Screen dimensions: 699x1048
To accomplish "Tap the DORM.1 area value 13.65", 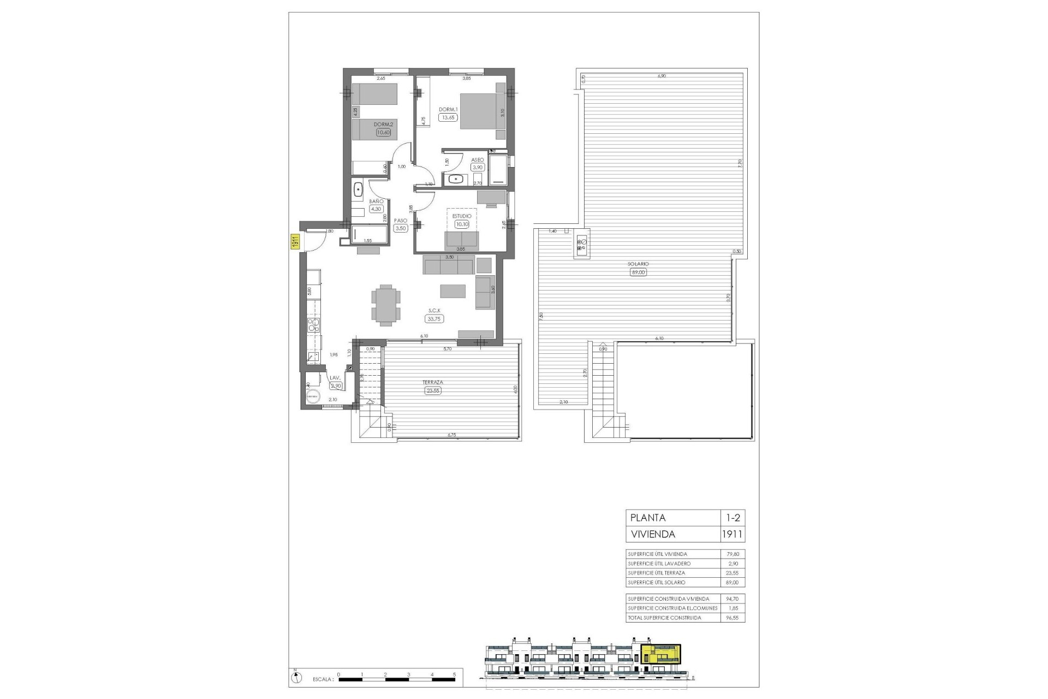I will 448,117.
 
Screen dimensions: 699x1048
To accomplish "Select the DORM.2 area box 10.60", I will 383,132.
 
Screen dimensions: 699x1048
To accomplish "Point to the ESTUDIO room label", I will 461,216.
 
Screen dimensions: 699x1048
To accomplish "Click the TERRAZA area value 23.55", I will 432,390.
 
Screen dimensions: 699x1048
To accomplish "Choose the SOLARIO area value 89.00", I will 638,272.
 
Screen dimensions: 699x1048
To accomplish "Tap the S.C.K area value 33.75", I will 435,319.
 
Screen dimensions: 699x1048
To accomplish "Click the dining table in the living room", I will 386,305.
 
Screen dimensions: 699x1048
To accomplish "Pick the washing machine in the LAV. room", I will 313,397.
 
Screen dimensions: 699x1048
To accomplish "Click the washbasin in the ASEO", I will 455,178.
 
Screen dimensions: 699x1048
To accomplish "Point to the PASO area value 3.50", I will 401,228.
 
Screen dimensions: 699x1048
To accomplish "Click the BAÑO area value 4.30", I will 376,209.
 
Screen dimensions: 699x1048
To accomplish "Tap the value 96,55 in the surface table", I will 733,618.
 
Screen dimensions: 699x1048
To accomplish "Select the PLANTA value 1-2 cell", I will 733,518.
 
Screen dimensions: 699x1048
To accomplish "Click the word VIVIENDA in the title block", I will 652,534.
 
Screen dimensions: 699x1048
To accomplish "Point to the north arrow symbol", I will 295,678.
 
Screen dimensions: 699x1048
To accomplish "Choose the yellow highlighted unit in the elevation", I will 661,654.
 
